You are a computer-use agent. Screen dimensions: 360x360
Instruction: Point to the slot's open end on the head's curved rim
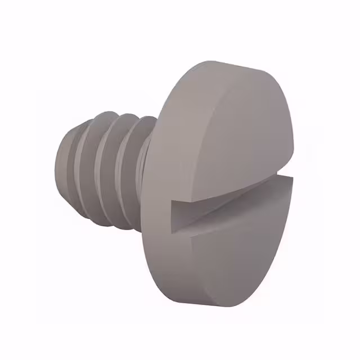tap(177, 217)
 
